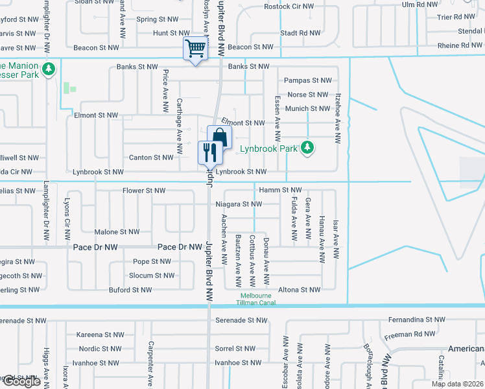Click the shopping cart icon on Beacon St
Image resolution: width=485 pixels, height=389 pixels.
(195, 48)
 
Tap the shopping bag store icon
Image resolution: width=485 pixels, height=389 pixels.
(219, 137)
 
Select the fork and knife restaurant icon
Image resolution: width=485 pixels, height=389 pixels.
(209, 152)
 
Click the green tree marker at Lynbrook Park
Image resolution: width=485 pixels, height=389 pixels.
(307, 148)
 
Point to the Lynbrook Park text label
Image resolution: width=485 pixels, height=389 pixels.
(268, 148)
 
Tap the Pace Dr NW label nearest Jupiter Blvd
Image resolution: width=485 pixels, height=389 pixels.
(180, 247)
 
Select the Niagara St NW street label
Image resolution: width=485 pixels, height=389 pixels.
(239, 204)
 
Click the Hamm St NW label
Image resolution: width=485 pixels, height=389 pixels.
(280, 189)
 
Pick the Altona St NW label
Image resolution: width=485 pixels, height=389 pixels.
(299, 290)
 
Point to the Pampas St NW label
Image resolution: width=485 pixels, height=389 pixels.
(308, 80)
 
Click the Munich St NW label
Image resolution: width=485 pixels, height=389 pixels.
(307, 109)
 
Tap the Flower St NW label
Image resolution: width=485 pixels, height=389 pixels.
(144, 191)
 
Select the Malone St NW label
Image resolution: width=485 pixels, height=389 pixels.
(117, 231)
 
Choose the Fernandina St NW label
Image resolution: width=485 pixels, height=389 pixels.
(417, 320)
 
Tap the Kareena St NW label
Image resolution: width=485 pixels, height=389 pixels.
(99, 335)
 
